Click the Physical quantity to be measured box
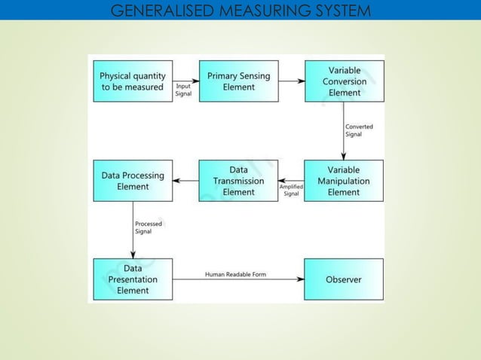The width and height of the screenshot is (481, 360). (x=133, y=81)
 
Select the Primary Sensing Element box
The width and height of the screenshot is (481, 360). (x=238, y=81)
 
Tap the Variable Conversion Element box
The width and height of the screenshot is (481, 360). (x=343, y=81)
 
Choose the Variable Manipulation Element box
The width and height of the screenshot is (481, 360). (x=343, y=181)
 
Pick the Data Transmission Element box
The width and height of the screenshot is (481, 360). (x=238, y=181)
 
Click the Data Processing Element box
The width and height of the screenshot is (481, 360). (x=133, y=181)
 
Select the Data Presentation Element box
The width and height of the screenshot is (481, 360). (x=133, y=279)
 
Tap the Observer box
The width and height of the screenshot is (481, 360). (x=343, y=279)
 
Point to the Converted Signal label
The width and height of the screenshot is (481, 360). (x=359, y=130)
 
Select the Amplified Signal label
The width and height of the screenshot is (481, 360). (x=291, y=190)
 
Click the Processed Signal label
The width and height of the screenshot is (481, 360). (x=148, y=227)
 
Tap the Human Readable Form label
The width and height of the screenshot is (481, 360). (x=235, y=274)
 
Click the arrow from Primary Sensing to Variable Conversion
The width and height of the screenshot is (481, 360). (x=291, y=81)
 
